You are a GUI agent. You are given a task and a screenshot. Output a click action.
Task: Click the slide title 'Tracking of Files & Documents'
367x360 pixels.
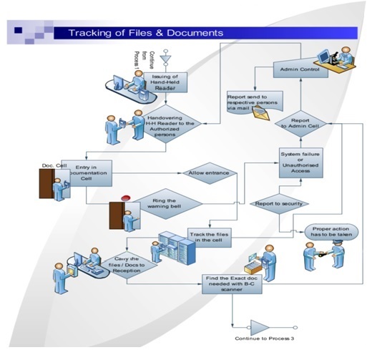point(145,33)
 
